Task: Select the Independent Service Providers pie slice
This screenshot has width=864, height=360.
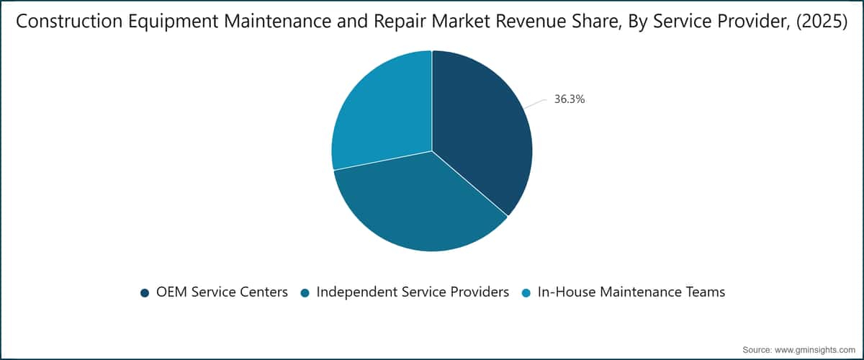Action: click(x=417, y=204)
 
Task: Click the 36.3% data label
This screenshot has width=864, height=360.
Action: click(x=570, y=99)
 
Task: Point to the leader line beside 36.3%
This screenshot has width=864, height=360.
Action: click(x=536, y=104)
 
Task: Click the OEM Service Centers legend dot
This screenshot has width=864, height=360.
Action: click(x=145, y=293)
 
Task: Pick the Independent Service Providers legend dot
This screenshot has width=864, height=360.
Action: click(x=305, y=293)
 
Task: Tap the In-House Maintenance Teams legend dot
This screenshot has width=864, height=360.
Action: click(x=526, y=293)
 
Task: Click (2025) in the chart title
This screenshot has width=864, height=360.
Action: click(x=822, y=22)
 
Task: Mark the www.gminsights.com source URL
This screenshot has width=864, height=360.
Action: click(x=815, y=350)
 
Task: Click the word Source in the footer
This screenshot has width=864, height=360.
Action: click(x=757, y=350)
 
